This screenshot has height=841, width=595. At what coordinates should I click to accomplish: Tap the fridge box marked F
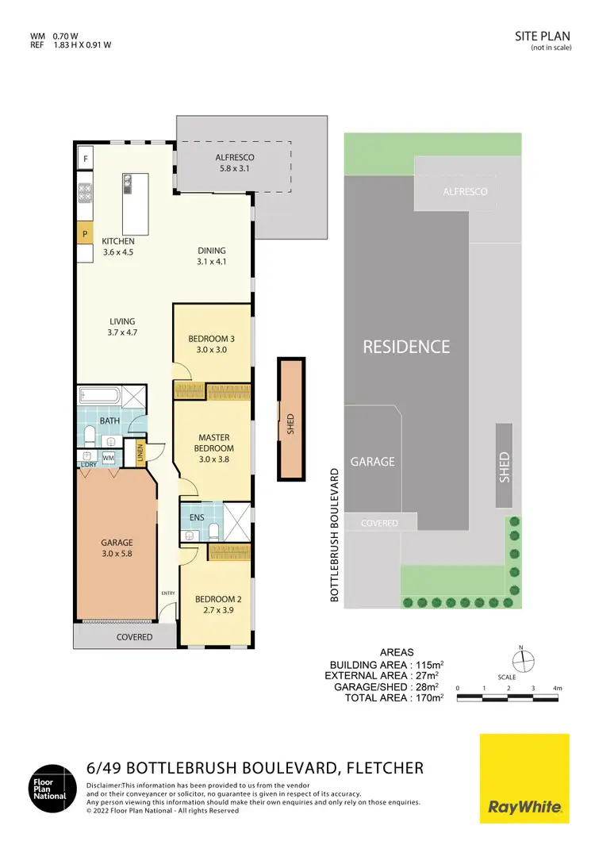[85, 159]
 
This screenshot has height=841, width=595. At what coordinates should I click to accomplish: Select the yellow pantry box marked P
[85, 234]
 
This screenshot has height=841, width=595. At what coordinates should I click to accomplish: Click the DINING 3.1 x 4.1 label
[212, 255]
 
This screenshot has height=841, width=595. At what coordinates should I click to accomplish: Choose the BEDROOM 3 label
[212, 344]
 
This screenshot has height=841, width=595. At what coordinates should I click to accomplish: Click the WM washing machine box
[108, 459]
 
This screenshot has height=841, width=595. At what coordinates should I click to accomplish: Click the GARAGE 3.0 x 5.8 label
[116, 548]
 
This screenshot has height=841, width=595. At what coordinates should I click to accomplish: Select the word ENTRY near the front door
[167, 593]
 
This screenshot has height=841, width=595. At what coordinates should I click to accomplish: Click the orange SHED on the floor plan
[290, 419]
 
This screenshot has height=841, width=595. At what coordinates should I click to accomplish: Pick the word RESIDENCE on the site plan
[406, 347]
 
